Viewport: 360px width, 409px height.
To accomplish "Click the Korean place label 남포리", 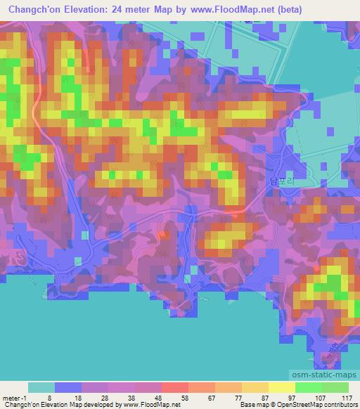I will (279, 180).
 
